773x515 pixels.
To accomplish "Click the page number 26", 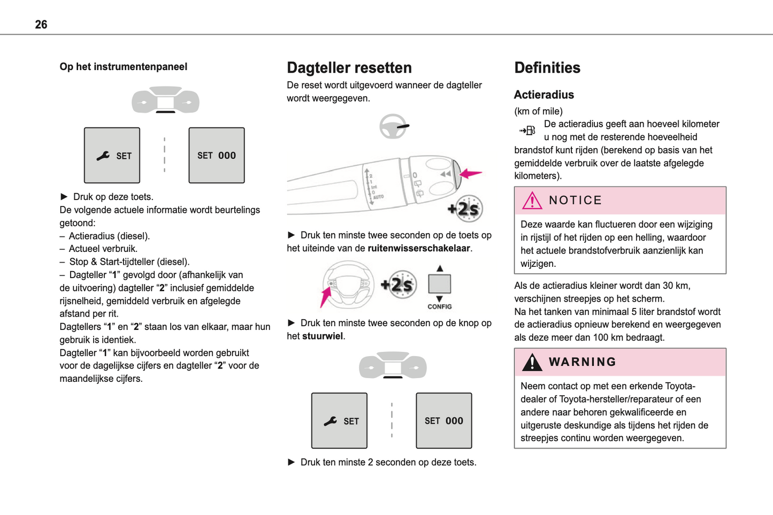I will (x=41, y=25).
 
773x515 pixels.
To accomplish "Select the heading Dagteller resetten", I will (x=349, y=68).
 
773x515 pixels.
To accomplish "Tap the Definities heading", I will (x=547, y=68).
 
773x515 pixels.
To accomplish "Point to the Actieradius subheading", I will (x=544, y=95).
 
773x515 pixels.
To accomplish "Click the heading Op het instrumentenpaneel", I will (x=123, y=67).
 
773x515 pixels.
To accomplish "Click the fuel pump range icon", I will (x=527, y=130).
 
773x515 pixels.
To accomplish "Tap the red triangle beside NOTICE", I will (x=532, y=201).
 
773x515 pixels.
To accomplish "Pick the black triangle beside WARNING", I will (x=532, y=362).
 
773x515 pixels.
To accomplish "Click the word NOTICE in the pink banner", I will (x=575, y=201).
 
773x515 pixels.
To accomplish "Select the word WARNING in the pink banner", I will (x=583, y=362).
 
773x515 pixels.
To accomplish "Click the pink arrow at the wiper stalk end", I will (x=471, y=173).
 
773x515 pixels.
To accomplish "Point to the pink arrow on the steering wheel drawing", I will (x=325, y=297).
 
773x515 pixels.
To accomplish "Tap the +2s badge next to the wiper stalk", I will (x=465, y=209).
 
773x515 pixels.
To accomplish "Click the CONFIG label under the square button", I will (x=439, y=307).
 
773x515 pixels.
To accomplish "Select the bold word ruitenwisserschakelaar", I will (x=418, y=248).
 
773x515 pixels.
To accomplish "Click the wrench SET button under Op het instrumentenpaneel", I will (x=112, y=156).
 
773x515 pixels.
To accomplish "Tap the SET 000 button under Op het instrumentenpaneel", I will (x=216, y=156).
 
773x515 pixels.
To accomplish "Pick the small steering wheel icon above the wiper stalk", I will (x=393, y=127).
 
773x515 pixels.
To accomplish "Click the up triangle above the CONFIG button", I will (x=439, y=268).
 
